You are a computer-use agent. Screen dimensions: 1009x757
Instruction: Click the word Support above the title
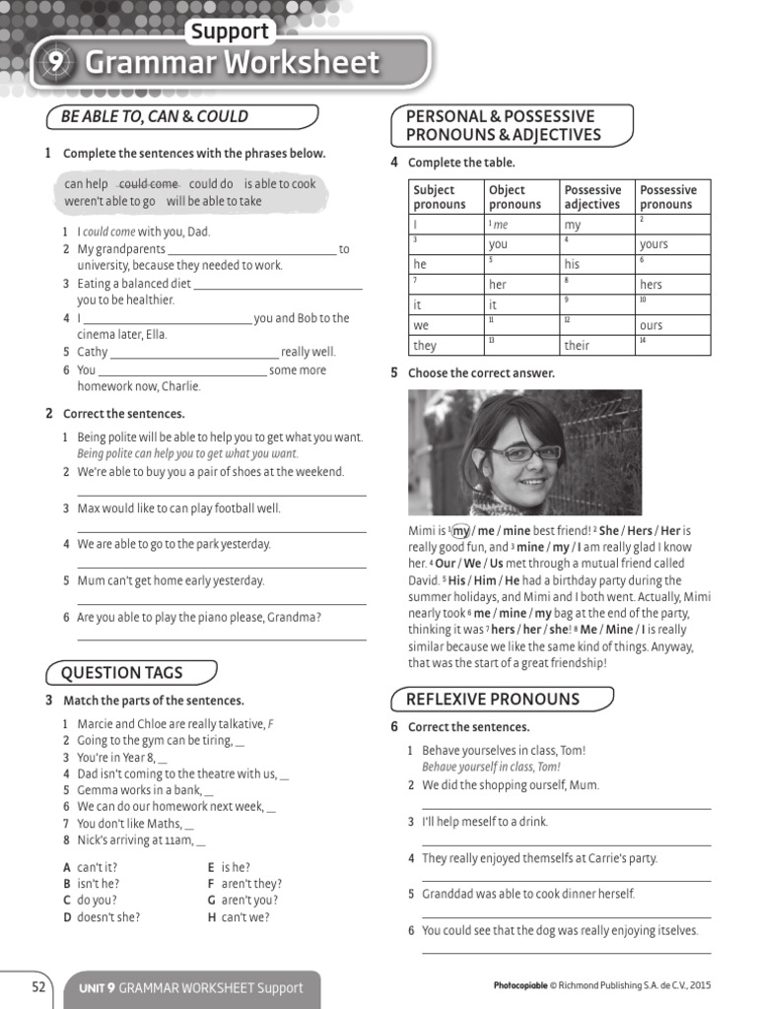click(x=230, y=31)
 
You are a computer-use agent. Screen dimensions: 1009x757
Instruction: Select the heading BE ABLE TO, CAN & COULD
click(x=155, y=116)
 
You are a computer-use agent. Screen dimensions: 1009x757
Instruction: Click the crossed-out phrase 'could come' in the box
click(x=149, y=184)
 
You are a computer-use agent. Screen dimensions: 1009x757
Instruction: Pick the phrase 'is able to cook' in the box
click(x=280, y=184)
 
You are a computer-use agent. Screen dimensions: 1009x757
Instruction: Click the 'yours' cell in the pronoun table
click(x=654, y=244)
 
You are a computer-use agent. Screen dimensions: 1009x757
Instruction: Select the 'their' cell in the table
click(x=577, y=346)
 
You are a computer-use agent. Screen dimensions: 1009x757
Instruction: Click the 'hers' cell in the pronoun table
click(x=651, y=285)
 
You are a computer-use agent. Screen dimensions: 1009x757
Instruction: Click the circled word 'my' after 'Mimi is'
click(x=461, y=530)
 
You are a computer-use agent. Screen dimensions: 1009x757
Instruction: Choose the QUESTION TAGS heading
click(x=122, y=673)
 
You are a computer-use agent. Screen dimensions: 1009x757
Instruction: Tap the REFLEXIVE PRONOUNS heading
click(x=494, y=700)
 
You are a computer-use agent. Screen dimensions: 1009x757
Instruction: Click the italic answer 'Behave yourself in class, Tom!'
click(x=491, y=767)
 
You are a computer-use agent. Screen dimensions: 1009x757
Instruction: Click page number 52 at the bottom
click(x=38, y=986)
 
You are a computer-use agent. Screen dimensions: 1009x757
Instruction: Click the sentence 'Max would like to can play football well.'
click(x=178, y=508)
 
